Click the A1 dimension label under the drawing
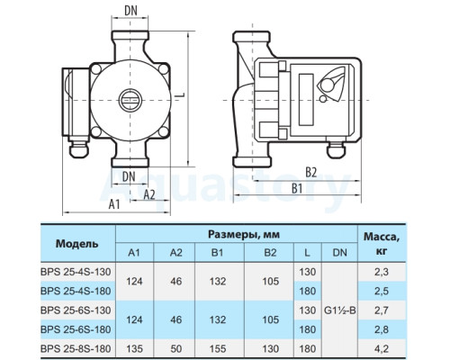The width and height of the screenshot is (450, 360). click(114, 204)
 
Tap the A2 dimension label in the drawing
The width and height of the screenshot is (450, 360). click(149, 194)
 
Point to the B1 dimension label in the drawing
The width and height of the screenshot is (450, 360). click(297, 189)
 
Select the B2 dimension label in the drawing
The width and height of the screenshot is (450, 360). click(311, 173)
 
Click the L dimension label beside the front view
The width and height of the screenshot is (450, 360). click(180, 94)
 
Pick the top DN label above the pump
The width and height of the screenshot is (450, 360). click(130, 11)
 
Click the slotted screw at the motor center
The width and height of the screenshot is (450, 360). click(130, 100)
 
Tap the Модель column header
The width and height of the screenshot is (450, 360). click(76, 244)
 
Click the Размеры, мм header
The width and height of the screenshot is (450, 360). click(244, 234)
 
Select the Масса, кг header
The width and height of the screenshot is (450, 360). click(382, 243)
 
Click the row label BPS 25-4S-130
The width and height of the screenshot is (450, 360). click(76, 272)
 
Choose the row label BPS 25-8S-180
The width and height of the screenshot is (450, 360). click(76, 348)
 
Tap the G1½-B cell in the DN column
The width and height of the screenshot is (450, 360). click(340, 310)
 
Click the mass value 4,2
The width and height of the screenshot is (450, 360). click(382, 348)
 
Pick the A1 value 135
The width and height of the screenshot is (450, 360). click(134, 348)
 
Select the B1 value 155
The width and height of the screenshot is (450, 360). click(218, 348)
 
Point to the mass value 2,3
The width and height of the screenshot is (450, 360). click(382, 272)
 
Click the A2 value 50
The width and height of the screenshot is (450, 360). click(176, 348)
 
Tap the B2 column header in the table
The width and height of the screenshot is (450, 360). click(270, 253)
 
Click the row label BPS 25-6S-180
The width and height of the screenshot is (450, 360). click(76, 329)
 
